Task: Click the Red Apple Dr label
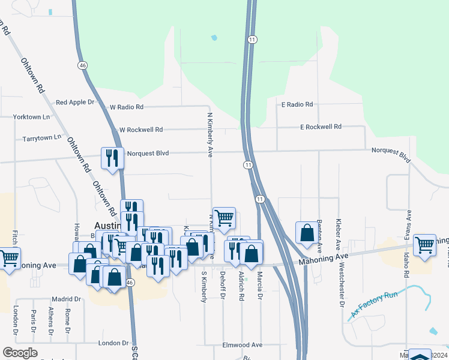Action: point(75,103)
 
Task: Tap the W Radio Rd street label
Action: point(127,107)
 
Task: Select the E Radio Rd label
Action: point(297,104)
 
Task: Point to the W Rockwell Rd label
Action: point(141,130)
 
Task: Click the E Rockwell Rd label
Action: point(321,127)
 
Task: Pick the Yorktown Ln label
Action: point(32,116)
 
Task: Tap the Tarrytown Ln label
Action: point(42,138)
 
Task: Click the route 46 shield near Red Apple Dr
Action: point(83,65)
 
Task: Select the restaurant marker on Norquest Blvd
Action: point(112,158)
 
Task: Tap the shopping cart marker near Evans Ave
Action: point(424,244)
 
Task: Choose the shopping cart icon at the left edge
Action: point(9,259)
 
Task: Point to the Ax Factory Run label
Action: point(375,304)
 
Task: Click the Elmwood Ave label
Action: point(243,345)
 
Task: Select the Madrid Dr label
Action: point(66,299)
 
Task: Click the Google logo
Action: point(20,353)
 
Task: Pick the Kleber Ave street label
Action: point(339,235)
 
